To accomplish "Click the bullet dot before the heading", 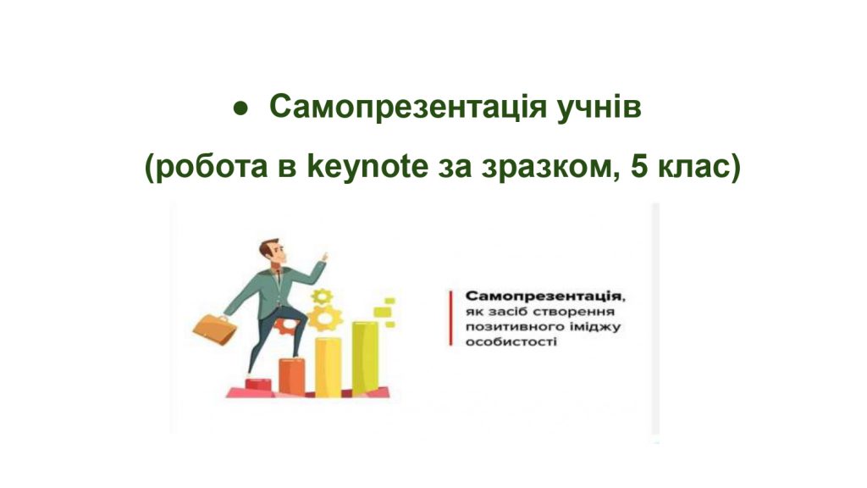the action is click(x=240, y=108).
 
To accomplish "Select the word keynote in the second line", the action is click(x=367, y=166).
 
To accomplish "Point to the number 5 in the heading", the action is click(x=638, y=166).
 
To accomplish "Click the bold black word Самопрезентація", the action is click(x=543, y=297).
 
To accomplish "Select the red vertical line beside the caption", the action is click(x=450, y=319).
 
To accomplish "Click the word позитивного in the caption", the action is click(x=508, y=327).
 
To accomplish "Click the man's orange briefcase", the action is click(x=214, y=329).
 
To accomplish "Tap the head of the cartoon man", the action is click(x=273, y=252).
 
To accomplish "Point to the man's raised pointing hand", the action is click(x=323, y=259).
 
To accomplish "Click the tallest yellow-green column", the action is click(x=366, y=358).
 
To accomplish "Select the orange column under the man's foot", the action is click(x=291, y=377).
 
